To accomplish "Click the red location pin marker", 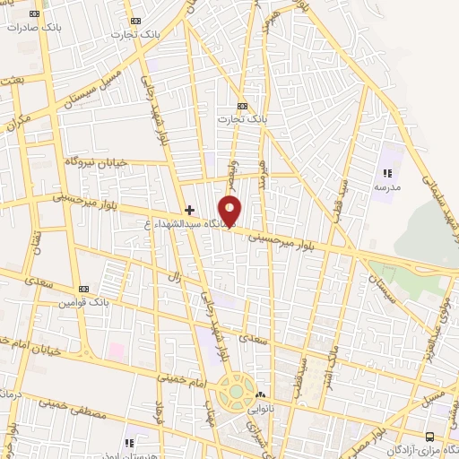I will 230,210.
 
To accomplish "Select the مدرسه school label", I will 387,186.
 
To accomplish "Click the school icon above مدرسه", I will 387,174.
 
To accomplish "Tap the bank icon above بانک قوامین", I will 83,290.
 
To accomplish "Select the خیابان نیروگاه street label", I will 97,160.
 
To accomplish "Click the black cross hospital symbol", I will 189,210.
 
